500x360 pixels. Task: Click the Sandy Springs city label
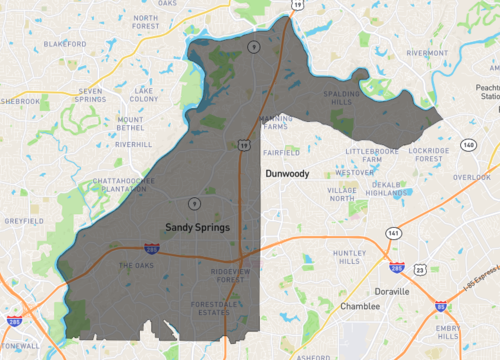point(197,227)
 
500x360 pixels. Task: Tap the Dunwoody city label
point(287,173)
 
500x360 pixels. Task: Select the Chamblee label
point(360,306)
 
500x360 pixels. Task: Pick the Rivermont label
point(427,52)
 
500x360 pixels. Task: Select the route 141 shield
point(394,232)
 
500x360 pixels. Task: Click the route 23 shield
point(420,270)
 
